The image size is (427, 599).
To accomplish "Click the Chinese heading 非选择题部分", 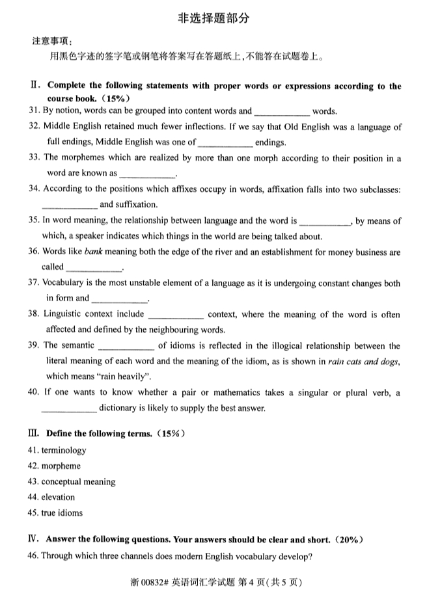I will click(x=213, y=18).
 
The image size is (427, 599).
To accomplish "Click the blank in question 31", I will click(x=282, y=112).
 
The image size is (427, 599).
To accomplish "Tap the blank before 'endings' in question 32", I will click(x=225, y=142).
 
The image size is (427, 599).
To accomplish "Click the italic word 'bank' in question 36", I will click(x=94, y=252).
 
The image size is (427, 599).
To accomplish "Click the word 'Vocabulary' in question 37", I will click(x=64, y=283).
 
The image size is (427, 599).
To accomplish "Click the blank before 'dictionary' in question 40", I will click(x=69, y=408).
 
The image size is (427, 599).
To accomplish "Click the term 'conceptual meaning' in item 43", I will click(x=78, y=482).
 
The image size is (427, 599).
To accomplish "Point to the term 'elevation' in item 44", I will click(x=58, y=498).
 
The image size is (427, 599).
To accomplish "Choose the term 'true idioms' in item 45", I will click(x=62, y=513).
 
